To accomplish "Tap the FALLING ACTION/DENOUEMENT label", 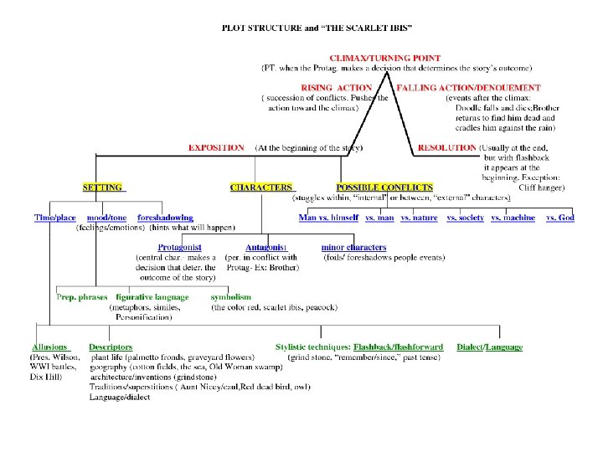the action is coord(469,87).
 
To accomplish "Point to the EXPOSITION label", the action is coord(216,148).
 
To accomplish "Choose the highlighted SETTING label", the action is coord(102,187).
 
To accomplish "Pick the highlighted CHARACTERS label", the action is coord(261,187).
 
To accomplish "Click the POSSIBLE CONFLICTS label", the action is coord(384,187).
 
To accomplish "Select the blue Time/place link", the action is coord(55,218).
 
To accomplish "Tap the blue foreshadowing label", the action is coord(165,218).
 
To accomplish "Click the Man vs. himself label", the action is coord(328,218).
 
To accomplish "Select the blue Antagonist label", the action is coord(266,248).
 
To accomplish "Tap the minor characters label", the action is coord(353,248).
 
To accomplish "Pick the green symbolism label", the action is coord(231,297).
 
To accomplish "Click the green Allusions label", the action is coord(49,347).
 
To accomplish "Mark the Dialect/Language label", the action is coord(489,347).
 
